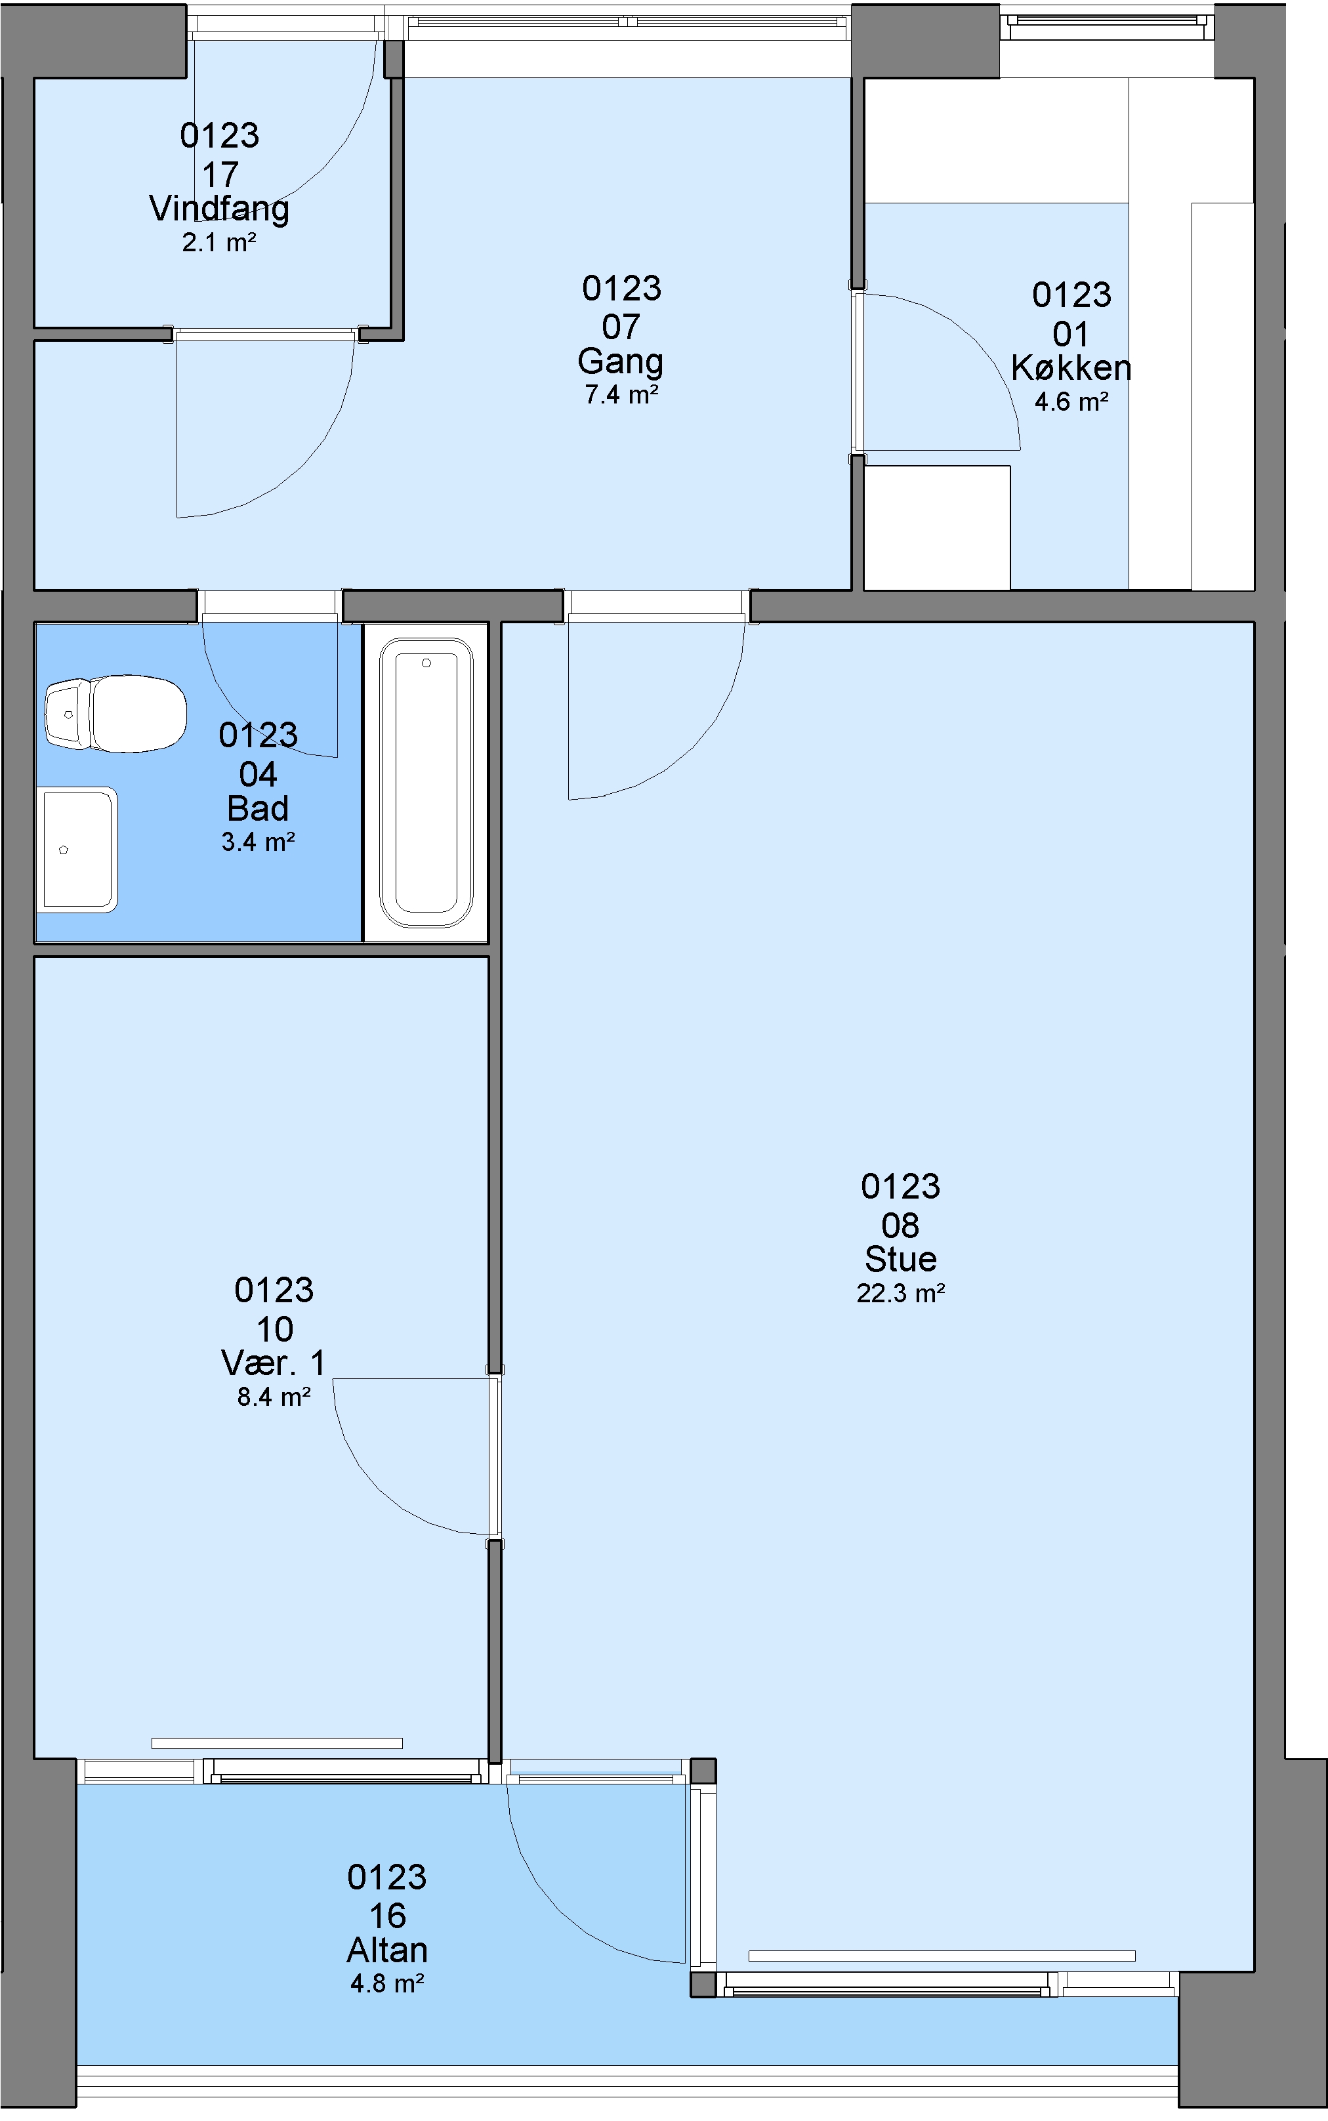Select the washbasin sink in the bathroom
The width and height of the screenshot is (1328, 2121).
(77, 850)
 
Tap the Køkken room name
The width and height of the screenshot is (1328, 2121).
(1071, 368)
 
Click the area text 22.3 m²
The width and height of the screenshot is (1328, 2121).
(900, 1294)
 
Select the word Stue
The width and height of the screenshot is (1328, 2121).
(900, 1260)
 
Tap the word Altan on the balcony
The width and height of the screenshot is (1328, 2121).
(387, 1950)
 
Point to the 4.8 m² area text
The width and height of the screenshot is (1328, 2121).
(387, 1984)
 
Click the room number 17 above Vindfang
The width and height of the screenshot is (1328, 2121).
(220, 175)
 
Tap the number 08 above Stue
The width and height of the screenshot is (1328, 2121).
(900, 1225)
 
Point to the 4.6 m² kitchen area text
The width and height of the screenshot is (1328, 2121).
(1071, 402)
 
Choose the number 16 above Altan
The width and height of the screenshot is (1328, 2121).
(387, 1916)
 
